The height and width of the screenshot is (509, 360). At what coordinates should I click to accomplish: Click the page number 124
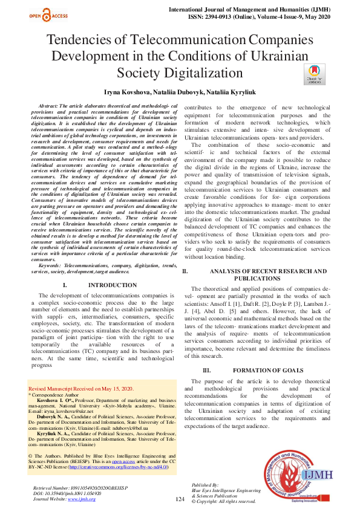coord(180,499)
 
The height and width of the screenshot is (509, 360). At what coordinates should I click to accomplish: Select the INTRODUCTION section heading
coord(112,285)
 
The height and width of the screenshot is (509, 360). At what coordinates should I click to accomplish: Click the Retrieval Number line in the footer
coord(75,487)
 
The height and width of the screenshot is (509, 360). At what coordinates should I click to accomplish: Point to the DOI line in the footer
coord(67,493)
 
